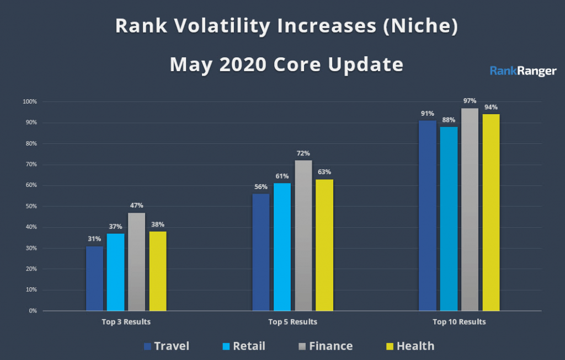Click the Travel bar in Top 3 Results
click(x=94, y=278)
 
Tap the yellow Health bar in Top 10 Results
click(x=491, y=212)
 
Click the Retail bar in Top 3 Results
click(x=115, y=272)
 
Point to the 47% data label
click(x=137, y=206)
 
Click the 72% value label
click(x=303, y=153)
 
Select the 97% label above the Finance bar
click(x=470, y=101)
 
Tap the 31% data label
click(x=94, y=239)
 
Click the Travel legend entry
click(x=166, y=346)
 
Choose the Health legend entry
click(x=409, y=346)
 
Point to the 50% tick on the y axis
click(x=30, y=206)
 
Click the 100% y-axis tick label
click(x=29, y=102)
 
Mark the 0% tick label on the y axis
click(x=32, y=311)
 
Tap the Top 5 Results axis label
click(x=292, y=321)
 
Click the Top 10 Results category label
click(x=459, y=321)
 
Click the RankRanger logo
click(x=523, y=71)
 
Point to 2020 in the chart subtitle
click(x=242, y=65)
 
